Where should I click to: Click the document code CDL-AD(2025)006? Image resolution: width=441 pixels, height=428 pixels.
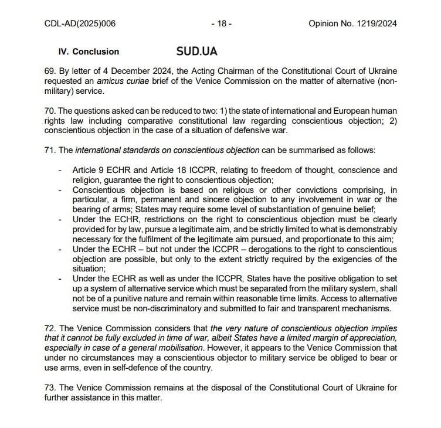[80, 24]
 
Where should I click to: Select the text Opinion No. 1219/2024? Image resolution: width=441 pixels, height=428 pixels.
[352, 24]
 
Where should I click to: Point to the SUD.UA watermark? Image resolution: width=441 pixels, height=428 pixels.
[196, 51]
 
